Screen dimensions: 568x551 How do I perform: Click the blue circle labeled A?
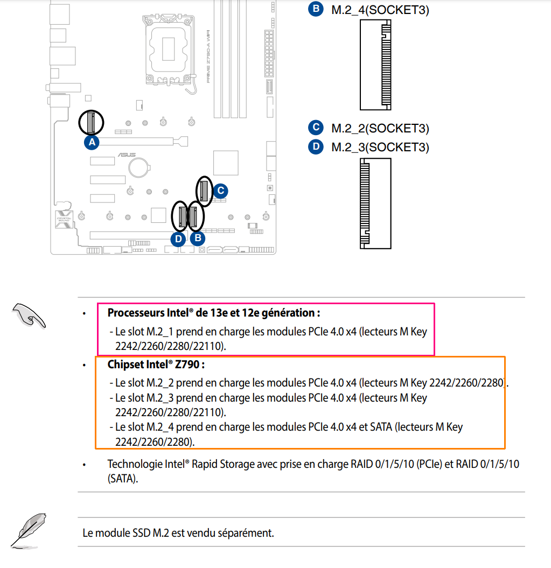point(92,142)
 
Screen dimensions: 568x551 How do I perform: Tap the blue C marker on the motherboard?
point(220,190)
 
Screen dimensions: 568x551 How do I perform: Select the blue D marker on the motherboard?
point(179,237)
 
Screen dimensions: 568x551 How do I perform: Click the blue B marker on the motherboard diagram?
point(198,237)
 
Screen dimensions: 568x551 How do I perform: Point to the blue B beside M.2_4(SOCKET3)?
point(316,9)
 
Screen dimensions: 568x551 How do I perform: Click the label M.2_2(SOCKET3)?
point(380,128)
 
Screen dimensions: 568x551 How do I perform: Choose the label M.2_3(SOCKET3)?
point(380,146)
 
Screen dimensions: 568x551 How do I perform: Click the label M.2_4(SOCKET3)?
point(380,10)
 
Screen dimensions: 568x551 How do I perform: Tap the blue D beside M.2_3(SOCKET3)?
point(316,146)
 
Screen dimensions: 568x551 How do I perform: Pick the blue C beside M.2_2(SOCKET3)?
point(316,128)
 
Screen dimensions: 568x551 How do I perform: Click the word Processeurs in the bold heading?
point(135,313)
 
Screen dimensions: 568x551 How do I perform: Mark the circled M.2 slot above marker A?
point(91,122)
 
